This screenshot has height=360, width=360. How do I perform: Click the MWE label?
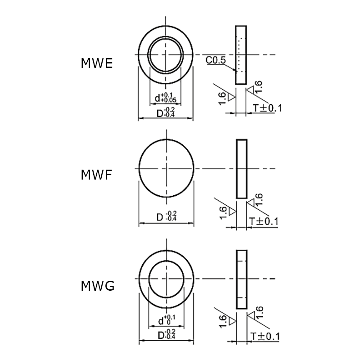[97, 63]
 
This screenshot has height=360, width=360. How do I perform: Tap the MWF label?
[96, 175]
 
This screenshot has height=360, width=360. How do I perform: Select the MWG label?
[98, 286]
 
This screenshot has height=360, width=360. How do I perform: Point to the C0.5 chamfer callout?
[216, 60]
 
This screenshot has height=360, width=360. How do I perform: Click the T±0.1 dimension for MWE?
[267, 108]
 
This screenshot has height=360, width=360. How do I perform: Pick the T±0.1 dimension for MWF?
[264, 221]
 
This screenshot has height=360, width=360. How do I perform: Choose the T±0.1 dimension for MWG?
[265, 336]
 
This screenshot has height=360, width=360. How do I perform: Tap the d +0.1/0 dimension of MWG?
[167, 320]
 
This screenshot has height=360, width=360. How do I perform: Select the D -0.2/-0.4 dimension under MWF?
[166, 216]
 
